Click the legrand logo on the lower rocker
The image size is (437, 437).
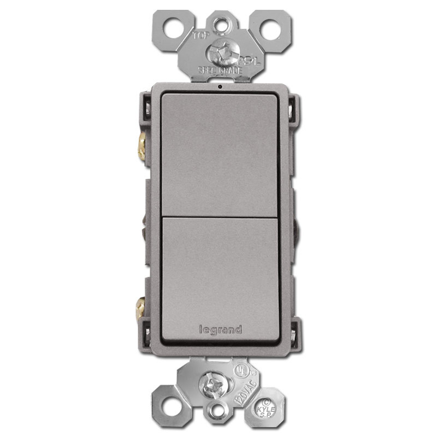click(x=217, y=329)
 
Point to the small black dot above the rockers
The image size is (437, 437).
click(x=218, y=86)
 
